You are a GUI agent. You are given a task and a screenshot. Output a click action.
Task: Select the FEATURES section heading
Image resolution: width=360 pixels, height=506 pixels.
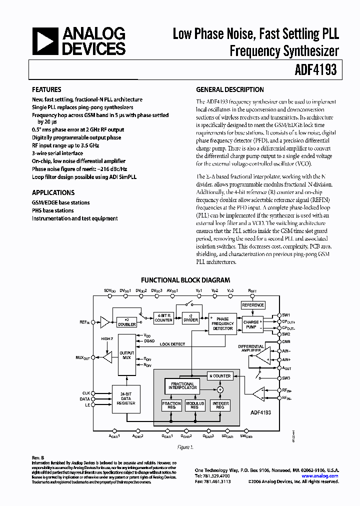click(46, 90)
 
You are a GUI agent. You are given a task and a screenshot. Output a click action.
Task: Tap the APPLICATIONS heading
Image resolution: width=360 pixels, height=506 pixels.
click(53, 192)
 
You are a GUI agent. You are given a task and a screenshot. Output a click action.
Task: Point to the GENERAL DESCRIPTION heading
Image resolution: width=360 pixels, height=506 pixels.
click(230, 90)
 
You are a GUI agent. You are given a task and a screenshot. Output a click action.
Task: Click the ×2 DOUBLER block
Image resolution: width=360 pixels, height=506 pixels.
click(126, 322)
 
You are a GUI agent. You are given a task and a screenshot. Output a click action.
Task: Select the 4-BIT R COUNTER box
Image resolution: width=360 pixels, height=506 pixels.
click(163, 318)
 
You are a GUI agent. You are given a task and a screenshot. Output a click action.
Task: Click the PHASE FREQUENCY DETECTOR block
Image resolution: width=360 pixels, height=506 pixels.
click(222, 323)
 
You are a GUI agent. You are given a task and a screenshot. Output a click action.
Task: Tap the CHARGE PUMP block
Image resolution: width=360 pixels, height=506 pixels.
click(251, 324)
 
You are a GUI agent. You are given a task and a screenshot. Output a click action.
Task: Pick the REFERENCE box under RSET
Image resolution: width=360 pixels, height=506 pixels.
click(252, 305)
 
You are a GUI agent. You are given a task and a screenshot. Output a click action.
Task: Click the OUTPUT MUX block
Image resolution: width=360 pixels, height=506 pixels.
click(126, 354)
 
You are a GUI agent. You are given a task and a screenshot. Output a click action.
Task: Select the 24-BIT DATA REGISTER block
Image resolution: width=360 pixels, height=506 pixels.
click(125, 398)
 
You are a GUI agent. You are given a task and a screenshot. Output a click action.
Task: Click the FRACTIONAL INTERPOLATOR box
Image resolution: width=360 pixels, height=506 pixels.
click(182, 386)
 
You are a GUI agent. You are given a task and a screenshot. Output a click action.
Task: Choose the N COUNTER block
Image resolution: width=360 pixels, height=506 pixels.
click(219, 375)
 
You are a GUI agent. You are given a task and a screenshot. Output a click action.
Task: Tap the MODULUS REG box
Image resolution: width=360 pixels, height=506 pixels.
click(195, 405)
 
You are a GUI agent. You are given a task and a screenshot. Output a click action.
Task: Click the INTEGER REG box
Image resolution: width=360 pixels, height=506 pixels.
click(220, 405)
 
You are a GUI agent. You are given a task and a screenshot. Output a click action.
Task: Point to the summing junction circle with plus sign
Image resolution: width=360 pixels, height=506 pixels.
click(219, 389)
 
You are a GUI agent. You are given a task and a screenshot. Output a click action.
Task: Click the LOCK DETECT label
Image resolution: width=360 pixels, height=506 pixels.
click(172, 344)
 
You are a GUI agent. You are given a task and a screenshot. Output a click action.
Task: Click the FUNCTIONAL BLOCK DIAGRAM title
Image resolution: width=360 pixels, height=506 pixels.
click(185, 280)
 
